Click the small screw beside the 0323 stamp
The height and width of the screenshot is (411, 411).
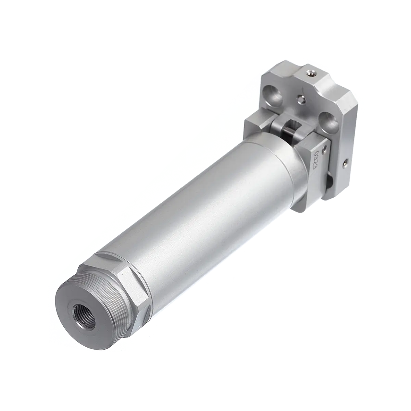click(324, 150)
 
